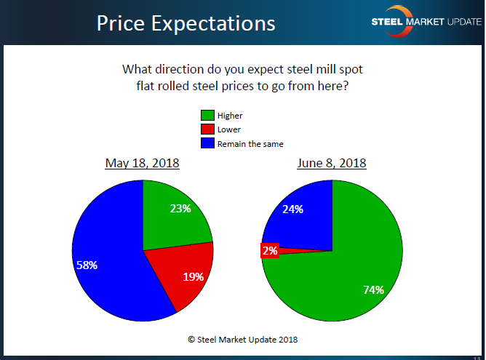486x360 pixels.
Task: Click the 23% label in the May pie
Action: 180,209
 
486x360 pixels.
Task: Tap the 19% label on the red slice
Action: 193,276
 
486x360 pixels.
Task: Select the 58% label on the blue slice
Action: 87,265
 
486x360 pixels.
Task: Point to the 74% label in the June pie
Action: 373,289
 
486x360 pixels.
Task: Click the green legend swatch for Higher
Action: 207,115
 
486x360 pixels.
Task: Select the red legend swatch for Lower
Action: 207,129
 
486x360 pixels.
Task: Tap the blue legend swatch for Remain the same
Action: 207,143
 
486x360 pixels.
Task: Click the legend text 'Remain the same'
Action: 250,144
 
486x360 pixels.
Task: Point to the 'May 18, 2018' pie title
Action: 142,162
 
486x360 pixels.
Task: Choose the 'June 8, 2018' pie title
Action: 332,162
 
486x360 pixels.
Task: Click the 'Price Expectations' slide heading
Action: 186,23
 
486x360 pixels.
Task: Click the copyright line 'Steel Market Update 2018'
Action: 243,339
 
